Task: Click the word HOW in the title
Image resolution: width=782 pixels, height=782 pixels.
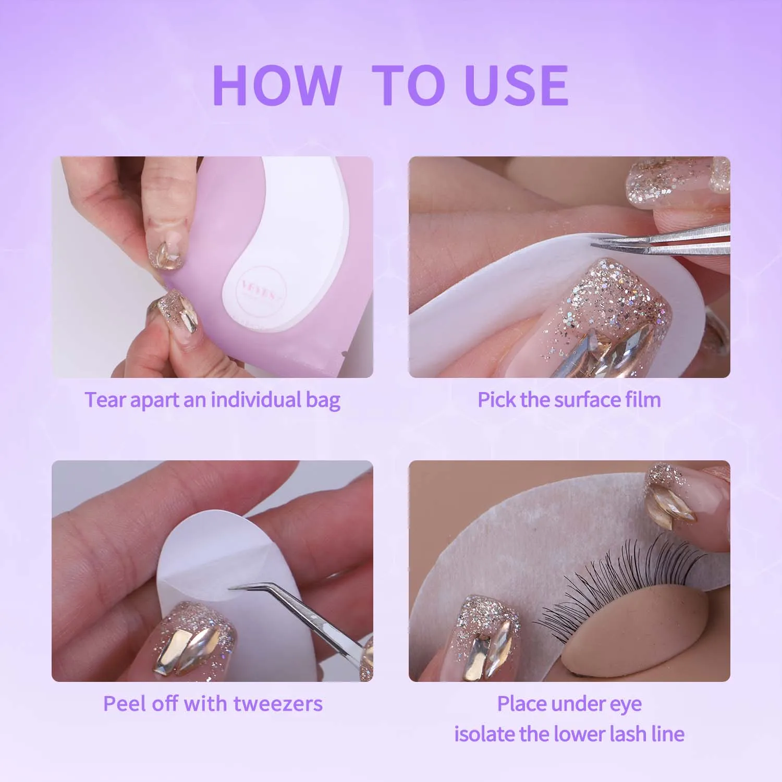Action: pos(277,85)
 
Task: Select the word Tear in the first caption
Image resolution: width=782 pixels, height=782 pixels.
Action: pos(105,400)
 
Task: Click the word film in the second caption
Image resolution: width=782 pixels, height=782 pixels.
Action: pos(643,400)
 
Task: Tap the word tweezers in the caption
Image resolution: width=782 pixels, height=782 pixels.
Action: pos(277,704)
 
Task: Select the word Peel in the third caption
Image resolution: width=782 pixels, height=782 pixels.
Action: pos(125,704)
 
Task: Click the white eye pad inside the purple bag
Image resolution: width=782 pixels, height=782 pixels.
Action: pos(302,229)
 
